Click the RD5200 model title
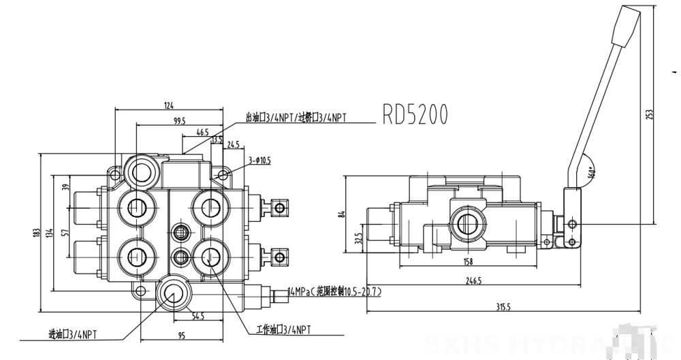[415, 114]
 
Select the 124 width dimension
[170, 105]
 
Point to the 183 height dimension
[36, 233]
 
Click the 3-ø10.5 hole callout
[260, 161]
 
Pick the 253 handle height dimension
[648, 115]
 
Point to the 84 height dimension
[343, 214]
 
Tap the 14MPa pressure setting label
[335, 291]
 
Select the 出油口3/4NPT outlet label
[296, 117]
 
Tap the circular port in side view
[467, 223]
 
